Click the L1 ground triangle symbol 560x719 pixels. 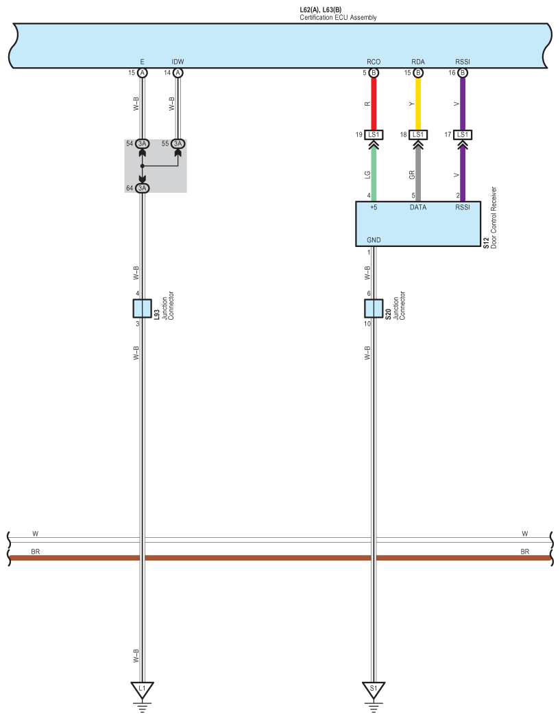(142, 689)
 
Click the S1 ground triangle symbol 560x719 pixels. (374, 689)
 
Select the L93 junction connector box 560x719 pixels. (142, 309)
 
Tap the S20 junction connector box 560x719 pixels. (374, 309)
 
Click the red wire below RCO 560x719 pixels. (374, 104)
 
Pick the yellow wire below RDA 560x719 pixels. (418, 104)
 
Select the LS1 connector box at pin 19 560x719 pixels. (374, 134)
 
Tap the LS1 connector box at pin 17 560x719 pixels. (463, 134)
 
